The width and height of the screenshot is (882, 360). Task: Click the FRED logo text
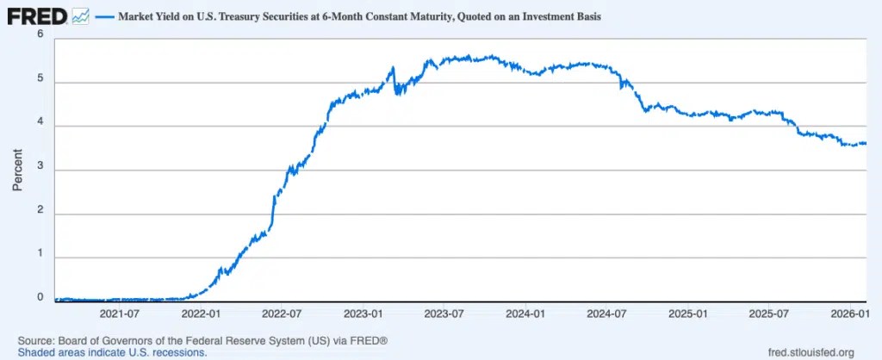pos(37,17)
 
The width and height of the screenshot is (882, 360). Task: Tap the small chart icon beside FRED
pos(80,17)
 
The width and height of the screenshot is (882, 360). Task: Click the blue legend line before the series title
pos(104,17)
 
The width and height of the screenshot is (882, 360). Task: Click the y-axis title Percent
pos(18,170)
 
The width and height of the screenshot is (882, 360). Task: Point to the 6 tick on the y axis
pos(40,34)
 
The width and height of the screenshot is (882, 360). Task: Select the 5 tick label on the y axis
pos(40,78)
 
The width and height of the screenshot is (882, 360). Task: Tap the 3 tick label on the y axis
pos(40,166)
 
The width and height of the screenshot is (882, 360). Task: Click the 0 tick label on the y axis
pos(40,298)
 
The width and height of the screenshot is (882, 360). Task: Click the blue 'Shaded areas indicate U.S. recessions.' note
pos(113,353)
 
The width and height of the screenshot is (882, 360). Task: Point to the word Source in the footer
pos(33,341)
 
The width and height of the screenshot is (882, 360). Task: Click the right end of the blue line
pos(866,143)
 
